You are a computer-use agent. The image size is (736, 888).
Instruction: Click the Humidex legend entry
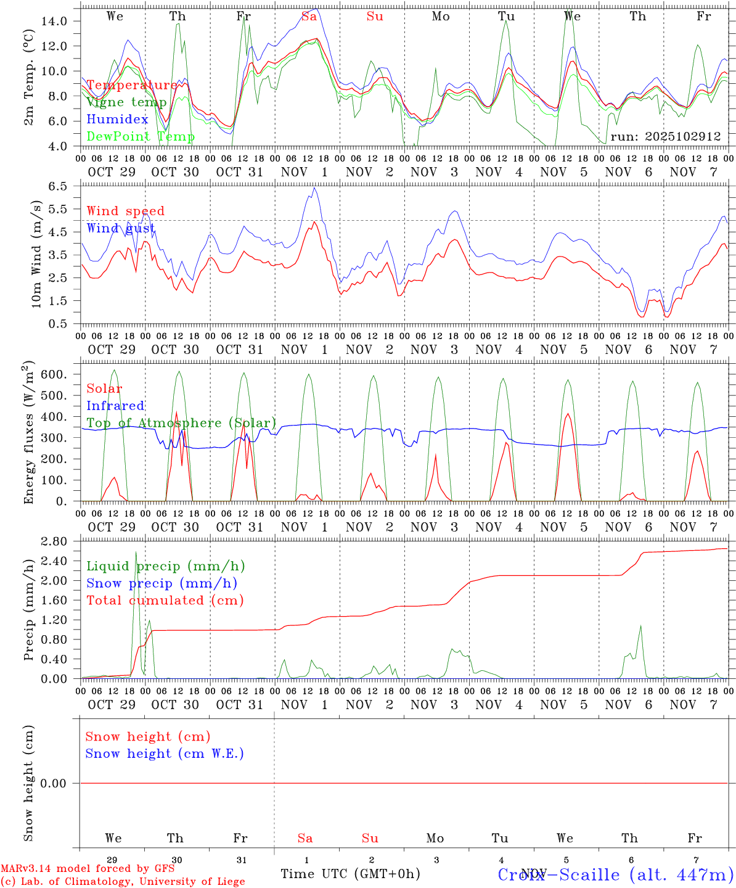pyautogui.click(x=117, y=120)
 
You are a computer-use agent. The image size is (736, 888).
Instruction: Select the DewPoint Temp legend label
pyautogui.click(x=141, y=136)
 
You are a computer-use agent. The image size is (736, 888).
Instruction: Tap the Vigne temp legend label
pyautogui.click(x=126, y=102)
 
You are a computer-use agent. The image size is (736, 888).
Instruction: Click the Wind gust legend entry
pyautogui.click(x=121, y=228)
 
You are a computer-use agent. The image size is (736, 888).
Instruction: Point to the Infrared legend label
pyautogui.click(x=115, y=406)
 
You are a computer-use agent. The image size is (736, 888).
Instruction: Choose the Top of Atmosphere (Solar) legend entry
pyautogui.click(x=181, y=423)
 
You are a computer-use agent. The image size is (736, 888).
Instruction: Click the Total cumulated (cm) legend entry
pyautogui.click(x=165, y=600)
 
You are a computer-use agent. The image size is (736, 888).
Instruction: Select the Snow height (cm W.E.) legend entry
pyautogui.click(x=165, y=754)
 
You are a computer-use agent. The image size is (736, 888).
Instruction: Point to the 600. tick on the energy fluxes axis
pyautogui.click(x=53, y=374)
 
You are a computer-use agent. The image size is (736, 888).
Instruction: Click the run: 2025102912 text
pyautogui.click(x=665, y=136)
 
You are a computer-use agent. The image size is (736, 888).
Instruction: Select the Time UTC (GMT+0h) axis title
pyautogui.click(x=350, y=874)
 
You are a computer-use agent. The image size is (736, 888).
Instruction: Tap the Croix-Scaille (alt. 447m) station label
pyautogui.click(x=615, y=874)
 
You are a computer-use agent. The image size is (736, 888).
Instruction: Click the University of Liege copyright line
pyautogui.click(x=123, y=882)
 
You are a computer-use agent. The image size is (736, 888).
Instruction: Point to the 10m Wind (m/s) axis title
pyautogui.click(x=36, y=253)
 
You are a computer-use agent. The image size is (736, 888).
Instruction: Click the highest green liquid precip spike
pyautogui.click(x=136, y=552)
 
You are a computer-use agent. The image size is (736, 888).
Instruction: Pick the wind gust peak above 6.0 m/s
pyautogui.click(x=314, y=188)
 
